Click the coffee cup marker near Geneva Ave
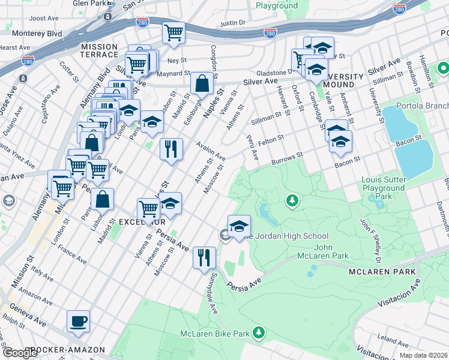pos(79,321)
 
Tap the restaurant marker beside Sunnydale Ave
pos(204,257)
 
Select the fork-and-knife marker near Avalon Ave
pos(171,149)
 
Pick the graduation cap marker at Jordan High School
pos(239,226)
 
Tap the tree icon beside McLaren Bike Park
pos(259,331)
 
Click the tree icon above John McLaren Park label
pos(292,200)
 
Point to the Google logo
pos(20,353)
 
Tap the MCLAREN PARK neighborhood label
pos(382,272)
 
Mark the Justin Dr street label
pos(234,23)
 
